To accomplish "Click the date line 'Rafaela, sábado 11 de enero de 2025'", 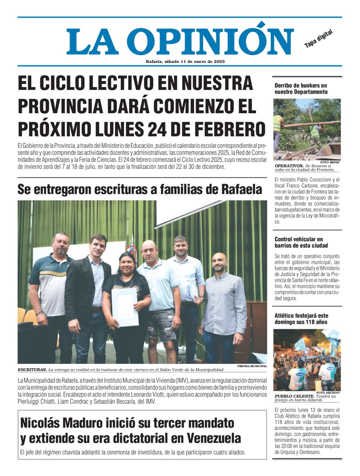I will tap(185, 61).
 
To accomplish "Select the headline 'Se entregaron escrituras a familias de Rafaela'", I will tap(140, 189).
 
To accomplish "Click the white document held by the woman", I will tap(124, 307).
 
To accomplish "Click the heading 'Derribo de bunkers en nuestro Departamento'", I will tap(301, 88).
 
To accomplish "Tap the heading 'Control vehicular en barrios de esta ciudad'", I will tap(301, 242).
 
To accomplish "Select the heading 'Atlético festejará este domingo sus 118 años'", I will tap(301, 319).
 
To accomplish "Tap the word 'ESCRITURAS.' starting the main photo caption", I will tap(32, 370).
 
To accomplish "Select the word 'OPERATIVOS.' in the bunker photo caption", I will tap(289, 166).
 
